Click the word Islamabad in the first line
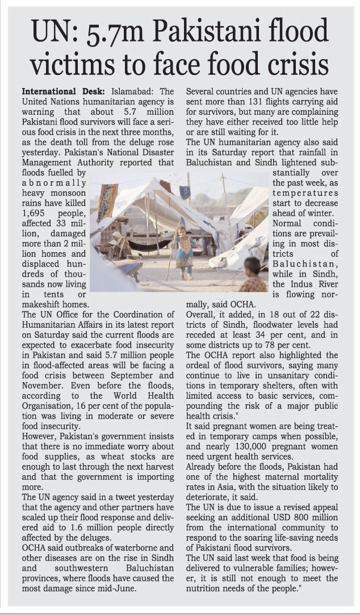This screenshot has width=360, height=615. click(134, 91)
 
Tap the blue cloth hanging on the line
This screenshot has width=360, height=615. click(186, 192)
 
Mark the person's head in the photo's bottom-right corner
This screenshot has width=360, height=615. click(252, 265)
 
